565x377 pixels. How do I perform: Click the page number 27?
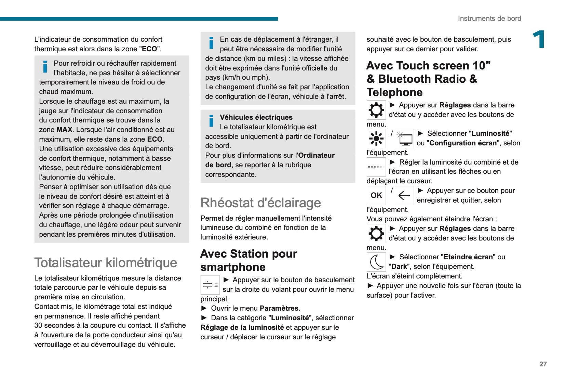[x=543, y=364]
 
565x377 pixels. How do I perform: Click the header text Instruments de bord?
[x=489, y=18]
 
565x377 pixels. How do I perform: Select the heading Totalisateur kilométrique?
[x=106, y=263]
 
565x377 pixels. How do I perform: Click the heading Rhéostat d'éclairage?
[x=260, y=203]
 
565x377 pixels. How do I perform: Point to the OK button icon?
[x=376, y=195]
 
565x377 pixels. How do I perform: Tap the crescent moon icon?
[x=376, y=262]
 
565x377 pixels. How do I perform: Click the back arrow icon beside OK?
[x=404, y=195]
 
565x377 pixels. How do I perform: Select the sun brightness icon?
[x=376, y=138]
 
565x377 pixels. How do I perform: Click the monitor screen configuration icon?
[x=404, y=138]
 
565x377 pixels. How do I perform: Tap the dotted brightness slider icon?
[x=376, y=167]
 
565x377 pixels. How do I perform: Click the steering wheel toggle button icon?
[x=210, y=285]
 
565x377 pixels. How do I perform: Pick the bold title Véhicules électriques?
[x=256, y=117]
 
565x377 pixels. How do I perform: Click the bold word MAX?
[x=64, y=130]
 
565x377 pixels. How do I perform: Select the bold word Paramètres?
[x=279, y=308]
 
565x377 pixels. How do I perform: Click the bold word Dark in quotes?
[x=399, y=266]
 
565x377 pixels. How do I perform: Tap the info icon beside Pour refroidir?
[x=45, y=67]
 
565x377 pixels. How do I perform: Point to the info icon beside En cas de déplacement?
[x=211, y=43]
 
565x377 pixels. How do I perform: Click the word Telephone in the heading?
[x=394, y=92]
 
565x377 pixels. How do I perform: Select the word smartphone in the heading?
[x=233, y=267]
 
